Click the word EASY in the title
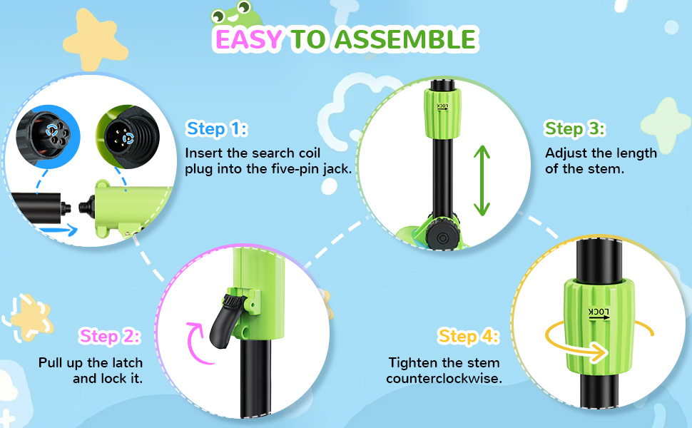point(248,39)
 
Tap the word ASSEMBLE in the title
point(405,39)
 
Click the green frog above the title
point(234,14)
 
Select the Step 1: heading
point(217,129)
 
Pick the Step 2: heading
point(110,336)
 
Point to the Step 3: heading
point(575,129)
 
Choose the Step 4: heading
point(468,336)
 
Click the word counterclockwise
point(444,379)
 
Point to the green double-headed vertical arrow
point(482,180)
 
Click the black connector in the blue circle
point(48,136)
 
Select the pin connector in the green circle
point(128,136)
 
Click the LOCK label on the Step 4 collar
point(599,313)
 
